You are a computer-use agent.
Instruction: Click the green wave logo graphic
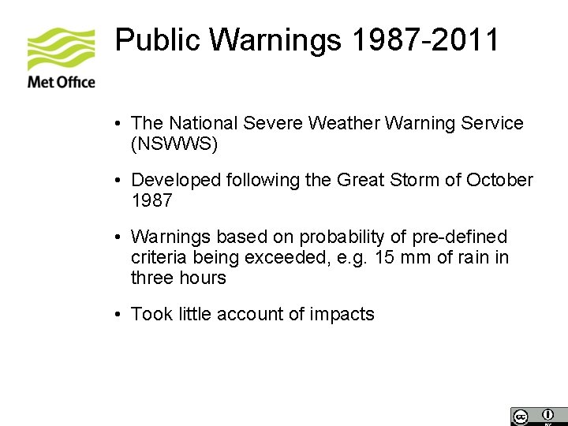61,49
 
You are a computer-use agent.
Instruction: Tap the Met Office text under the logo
61,82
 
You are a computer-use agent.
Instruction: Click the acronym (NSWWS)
174,144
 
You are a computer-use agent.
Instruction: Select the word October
499,180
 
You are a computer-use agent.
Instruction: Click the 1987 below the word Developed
151,200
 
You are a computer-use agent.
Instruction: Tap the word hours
202,278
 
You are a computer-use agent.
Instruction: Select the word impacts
342,314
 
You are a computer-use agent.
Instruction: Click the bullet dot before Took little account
117,315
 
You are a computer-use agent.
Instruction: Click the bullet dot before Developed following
117,181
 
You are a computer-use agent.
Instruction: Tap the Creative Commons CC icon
520,417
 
